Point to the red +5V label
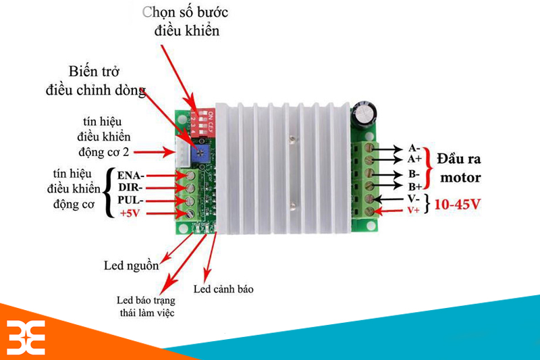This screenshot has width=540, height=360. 132,213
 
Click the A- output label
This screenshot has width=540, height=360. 414,148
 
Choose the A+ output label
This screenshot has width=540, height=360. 414,159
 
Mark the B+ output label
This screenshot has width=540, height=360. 414,185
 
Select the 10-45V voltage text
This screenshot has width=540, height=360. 458,204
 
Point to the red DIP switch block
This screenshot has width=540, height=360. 203,118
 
